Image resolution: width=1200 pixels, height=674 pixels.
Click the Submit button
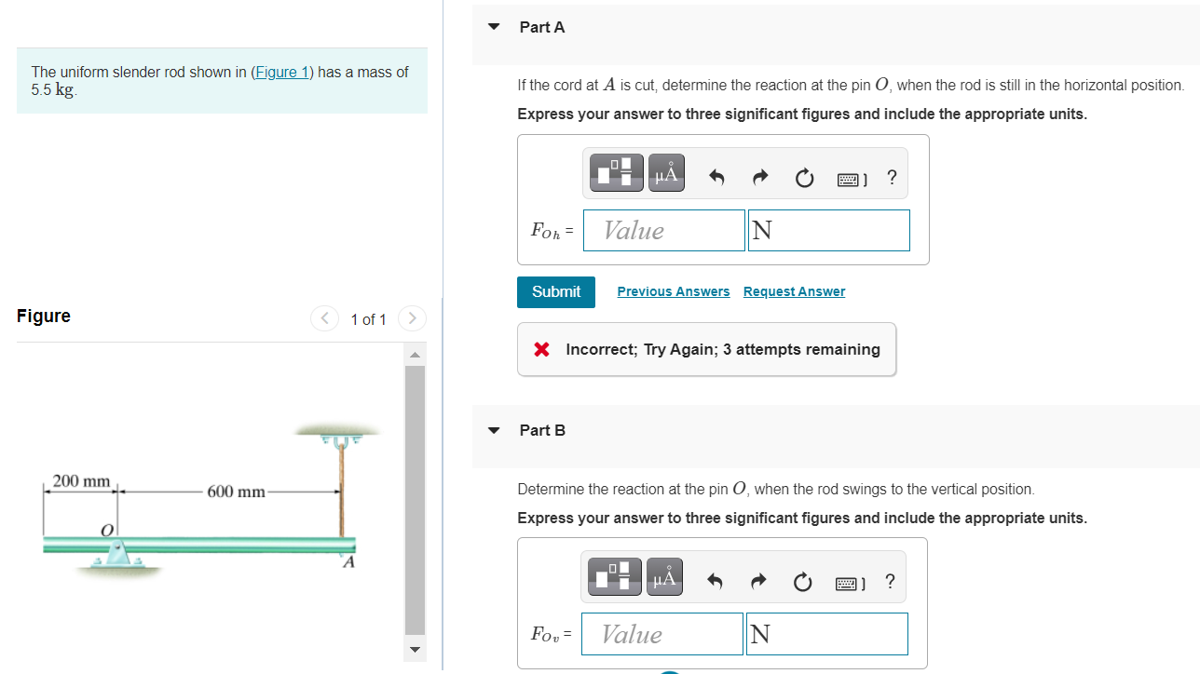[555, 291]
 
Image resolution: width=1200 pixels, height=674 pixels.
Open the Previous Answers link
[673, 291]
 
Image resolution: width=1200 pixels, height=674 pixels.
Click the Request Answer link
[794, 291]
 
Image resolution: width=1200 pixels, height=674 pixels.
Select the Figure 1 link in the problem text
[281, 72]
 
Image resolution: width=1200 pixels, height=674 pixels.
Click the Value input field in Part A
[663, 230]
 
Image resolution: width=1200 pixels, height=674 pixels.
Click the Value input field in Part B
[661, 634]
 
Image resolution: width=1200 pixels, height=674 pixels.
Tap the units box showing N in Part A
[829, 230]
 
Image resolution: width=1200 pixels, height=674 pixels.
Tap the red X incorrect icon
[541, 349]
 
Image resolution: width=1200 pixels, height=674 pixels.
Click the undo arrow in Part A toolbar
[716, 177]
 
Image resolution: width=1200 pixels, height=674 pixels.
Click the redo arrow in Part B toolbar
[759, 581]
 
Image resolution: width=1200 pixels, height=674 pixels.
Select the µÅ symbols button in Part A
[666, 172]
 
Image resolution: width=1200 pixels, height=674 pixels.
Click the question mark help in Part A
[892, 177]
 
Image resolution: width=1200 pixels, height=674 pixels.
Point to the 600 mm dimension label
[237, 491]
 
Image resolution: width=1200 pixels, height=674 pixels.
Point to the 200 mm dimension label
[81, 480]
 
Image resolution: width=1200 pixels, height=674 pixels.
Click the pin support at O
[116, 554]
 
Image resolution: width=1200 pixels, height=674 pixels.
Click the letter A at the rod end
[348, 562]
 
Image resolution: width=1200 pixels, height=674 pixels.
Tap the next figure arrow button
[412, 318]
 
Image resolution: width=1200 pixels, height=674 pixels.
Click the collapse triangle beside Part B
[494, 430]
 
